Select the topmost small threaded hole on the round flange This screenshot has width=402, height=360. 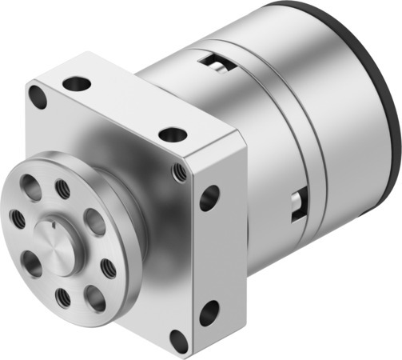pyautogui.click(x=62, y=190)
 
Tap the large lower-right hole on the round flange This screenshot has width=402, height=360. pyautogui.click(x=94, y=297)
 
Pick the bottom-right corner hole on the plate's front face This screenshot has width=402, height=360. pyautogui.click(x=179, y=341)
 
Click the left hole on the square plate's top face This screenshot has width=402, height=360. pyautogui.click(x=78, y=82)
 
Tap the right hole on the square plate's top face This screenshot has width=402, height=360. pyautogui.click(x=172, y=135)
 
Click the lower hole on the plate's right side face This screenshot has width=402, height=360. pyautogui.click(x=209, y=313)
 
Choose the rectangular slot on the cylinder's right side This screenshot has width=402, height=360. pyautogui.click(x=298, y=203)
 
